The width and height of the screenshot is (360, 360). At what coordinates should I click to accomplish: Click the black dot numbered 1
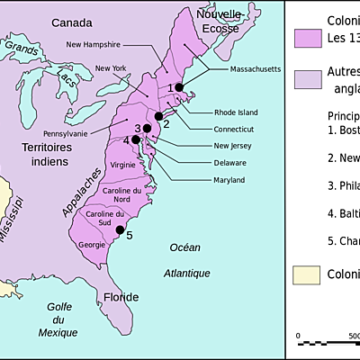[180, 86]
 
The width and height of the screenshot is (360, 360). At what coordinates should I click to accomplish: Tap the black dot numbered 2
[158, 116]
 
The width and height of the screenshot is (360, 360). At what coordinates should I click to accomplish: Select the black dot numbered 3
[147, 129]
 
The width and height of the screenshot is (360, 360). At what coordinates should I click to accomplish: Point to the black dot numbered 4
[136, 139]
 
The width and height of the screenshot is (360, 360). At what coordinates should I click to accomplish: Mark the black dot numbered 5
[119, 230]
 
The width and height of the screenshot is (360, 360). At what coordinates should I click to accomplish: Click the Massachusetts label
[256, 69]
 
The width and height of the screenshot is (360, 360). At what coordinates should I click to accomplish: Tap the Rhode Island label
[236, 112]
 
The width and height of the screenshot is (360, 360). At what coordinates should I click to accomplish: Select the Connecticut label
[235, 129]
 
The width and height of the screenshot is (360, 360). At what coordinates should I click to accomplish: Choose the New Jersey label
[233, 146]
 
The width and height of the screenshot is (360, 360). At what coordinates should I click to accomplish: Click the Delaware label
[229, 163]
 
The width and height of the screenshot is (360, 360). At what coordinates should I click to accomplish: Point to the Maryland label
[229, 180]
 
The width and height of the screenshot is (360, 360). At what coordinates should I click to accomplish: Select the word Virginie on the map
[122, 165]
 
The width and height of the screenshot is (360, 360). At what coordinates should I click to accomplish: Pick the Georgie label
[93, 244]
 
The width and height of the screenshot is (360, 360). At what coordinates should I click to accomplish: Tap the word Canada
[71, 22]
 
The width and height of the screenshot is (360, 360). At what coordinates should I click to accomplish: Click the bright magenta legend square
[308, 38]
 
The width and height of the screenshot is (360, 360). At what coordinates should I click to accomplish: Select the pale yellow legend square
[308, 274]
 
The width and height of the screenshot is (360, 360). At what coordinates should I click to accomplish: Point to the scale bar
[326, 343]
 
